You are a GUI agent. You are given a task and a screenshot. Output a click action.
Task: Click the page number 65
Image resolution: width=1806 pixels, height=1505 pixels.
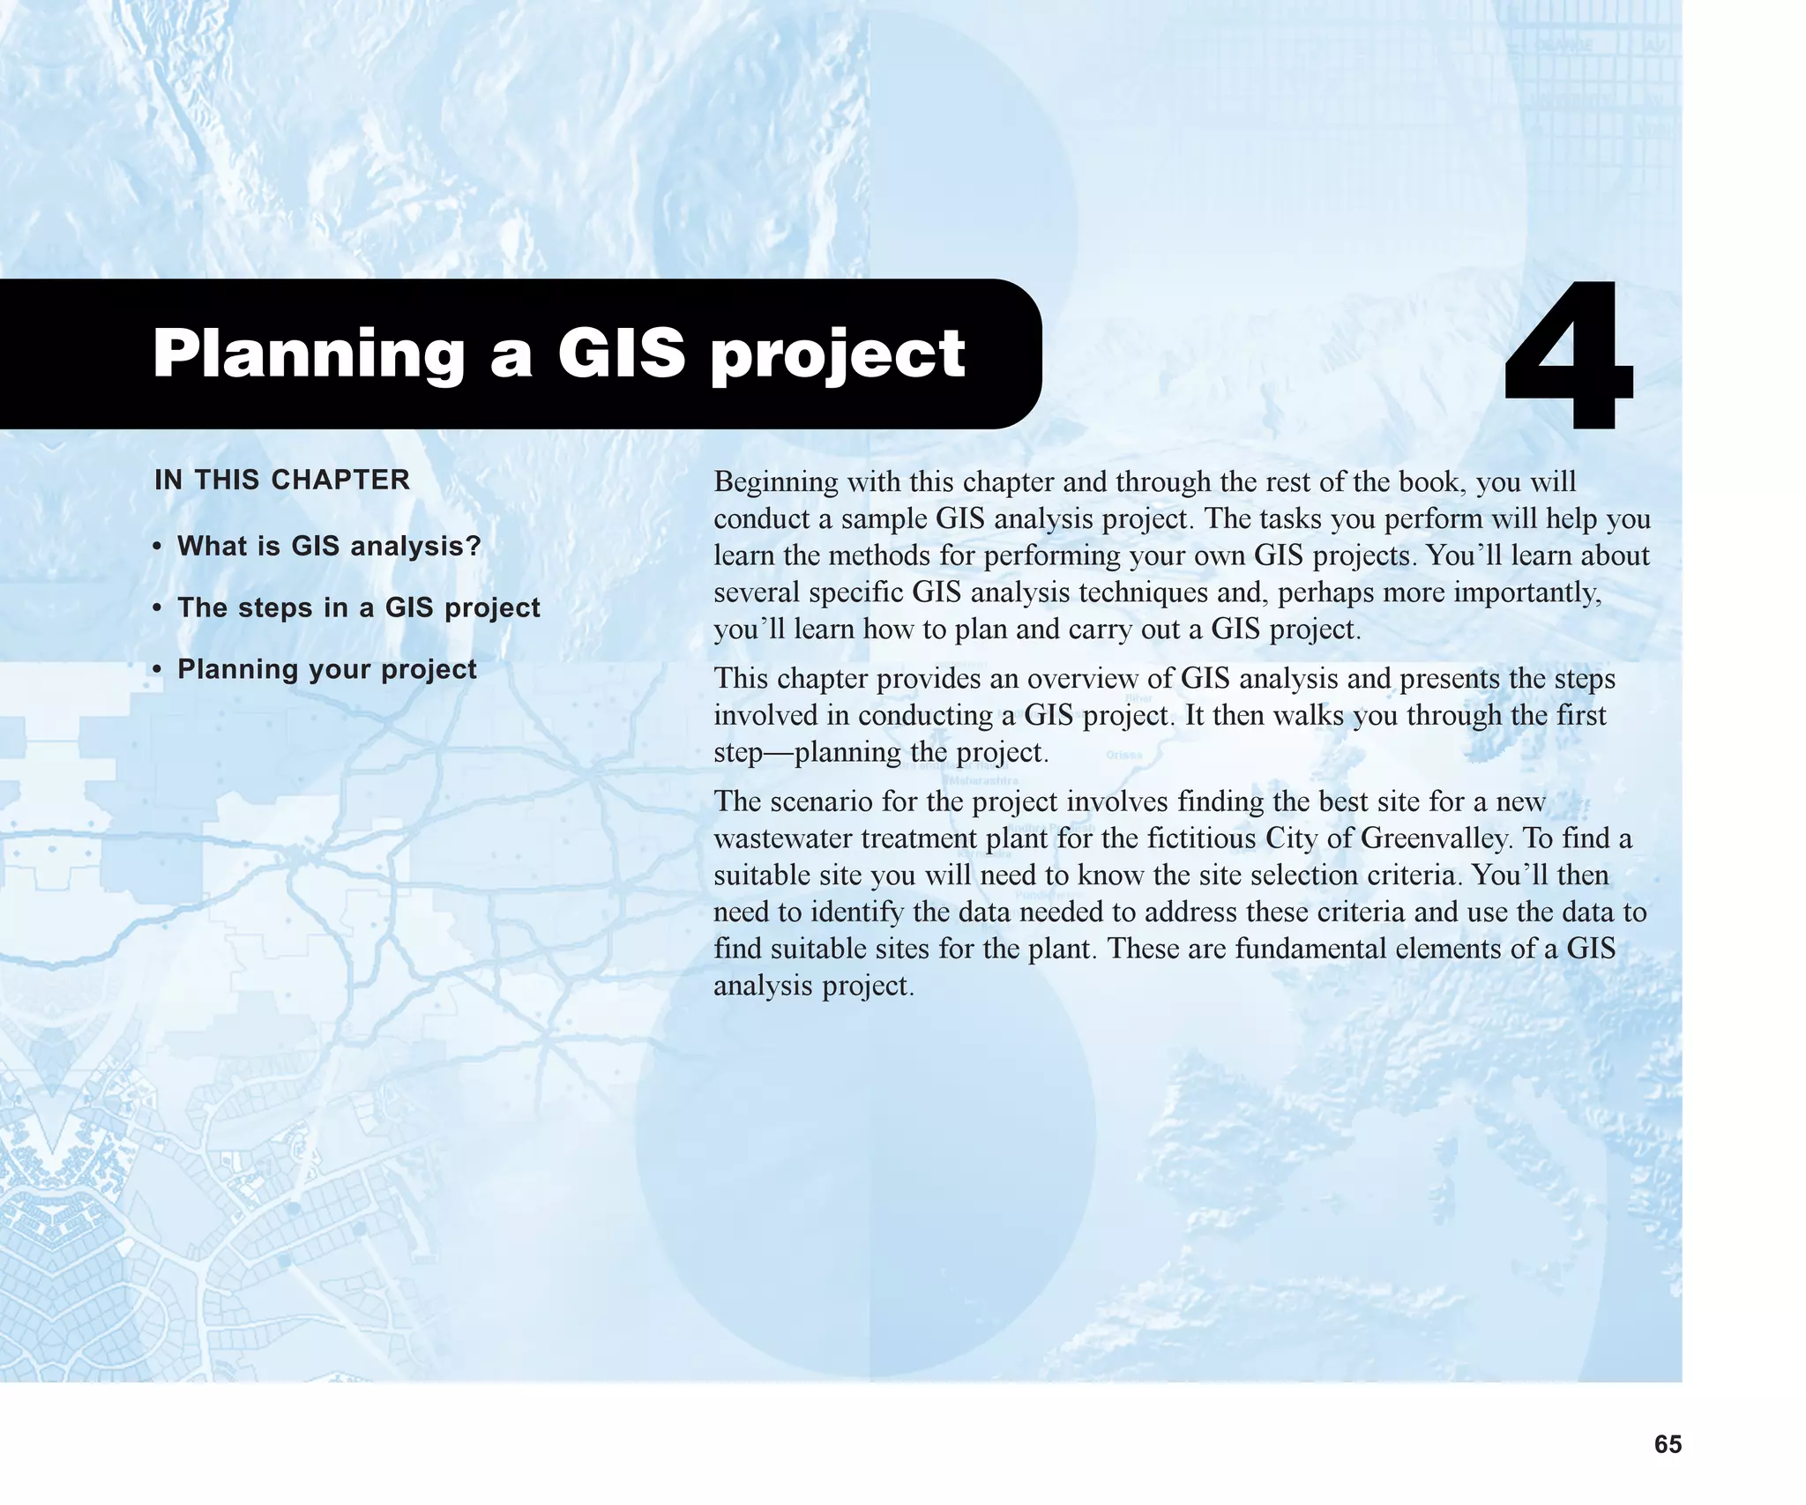[x=1668, y=1444]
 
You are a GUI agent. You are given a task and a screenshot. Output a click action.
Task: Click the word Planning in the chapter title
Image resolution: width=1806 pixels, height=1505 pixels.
[x=309, y=354]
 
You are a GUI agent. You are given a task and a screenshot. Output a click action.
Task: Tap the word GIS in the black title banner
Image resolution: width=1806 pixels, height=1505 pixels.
[x=621, y=354]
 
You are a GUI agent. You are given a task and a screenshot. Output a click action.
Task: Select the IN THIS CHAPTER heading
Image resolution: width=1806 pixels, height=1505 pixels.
[x=282, y=480]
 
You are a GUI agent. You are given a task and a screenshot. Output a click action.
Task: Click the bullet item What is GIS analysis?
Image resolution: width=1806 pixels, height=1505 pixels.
[x=329, y=546]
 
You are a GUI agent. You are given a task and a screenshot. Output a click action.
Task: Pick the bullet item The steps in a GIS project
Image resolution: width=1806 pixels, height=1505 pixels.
[x=358, y=607]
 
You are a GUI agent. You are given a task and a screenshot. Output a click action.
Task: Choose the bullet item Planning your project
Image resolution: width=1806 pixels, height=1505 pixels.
[x=326, y=669]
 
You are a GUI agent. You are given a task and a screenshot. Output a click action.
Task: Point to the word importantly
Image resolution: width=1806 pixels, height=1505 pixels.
[x=1526, y=592]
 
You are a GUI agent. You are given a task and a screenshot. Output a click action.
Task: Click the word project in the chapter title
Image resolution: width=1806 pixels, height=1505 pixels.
[x=838, y=354]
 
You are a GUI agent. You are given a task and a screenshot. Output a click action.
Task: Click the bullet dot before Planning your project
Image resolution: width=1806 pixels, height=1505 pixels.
[x=157, y=670]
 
